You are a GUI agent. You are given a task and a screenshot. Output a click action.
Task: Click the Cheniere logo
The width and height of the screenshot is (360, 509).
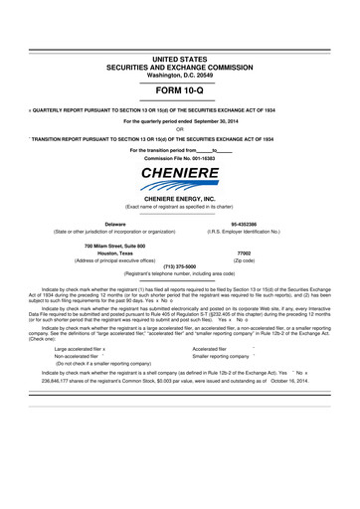coord(179,181)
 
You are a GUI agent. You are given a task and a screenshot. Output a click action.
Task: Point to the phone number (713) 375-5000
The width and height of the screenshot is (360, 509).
coord(179,265)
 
